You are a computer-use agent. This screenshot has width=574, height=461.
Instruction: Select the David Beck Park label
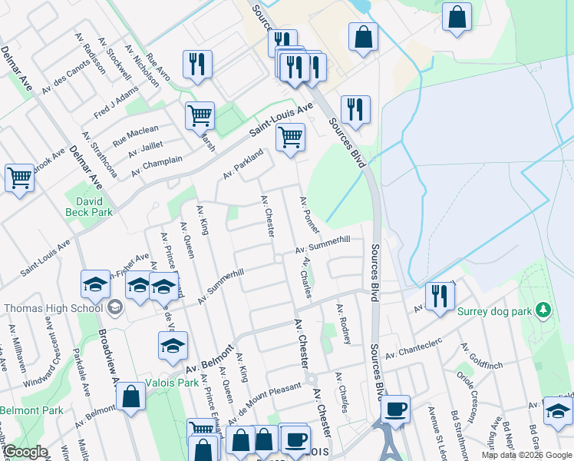coord(89,206)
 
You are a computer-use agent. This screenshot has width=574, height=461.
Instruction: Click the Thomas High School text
coord(52,308)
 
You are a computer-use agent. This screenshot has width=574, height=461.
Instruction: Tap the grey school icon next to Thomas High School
coord(115,308)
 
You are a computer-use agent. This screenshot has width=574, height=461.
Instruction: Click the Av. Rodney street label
coord(342,323)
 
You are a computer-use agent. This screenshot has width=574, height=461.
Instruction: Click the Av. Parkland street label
coord(243,164)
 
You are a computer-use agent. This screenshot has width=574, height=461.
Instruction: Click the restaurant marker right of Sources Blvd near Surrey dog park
coord(439,297)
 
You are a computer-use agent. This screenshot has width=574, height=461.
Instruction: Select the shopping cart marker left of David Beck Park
coord(19,178)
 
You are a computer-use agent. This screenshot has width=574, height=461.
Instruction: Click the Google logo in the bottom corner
coord(25,452)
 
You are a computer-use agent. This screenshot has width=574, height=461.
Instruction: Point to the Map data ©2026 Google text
coord(526,455)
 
